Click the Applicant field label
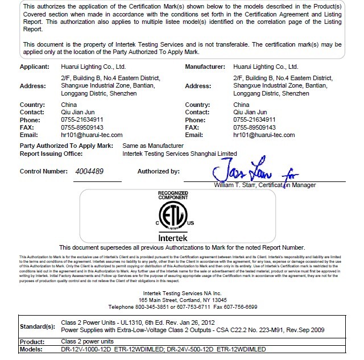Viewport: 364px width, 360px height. tap(35, 67)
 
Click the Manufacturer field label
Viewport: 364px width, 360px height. tap(205, 67)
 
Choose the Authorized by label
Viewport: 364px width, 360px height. tap(158, 171)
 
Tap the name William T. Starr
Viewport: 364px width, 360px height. tap(235, 185)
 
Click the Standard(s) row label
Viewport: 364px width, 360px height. tap(38, 326)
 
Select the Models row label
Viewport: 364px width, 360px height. tap(32, 349)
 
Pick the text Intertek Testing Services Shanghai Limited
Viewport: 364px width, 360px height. tap(180, 154)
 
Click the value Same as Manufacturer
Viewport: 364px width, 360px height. tap(153, 146)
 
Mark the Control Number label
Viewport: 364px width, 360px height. tap(43, 171)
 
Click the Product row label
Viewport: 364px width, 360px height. tap(32, 341)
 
